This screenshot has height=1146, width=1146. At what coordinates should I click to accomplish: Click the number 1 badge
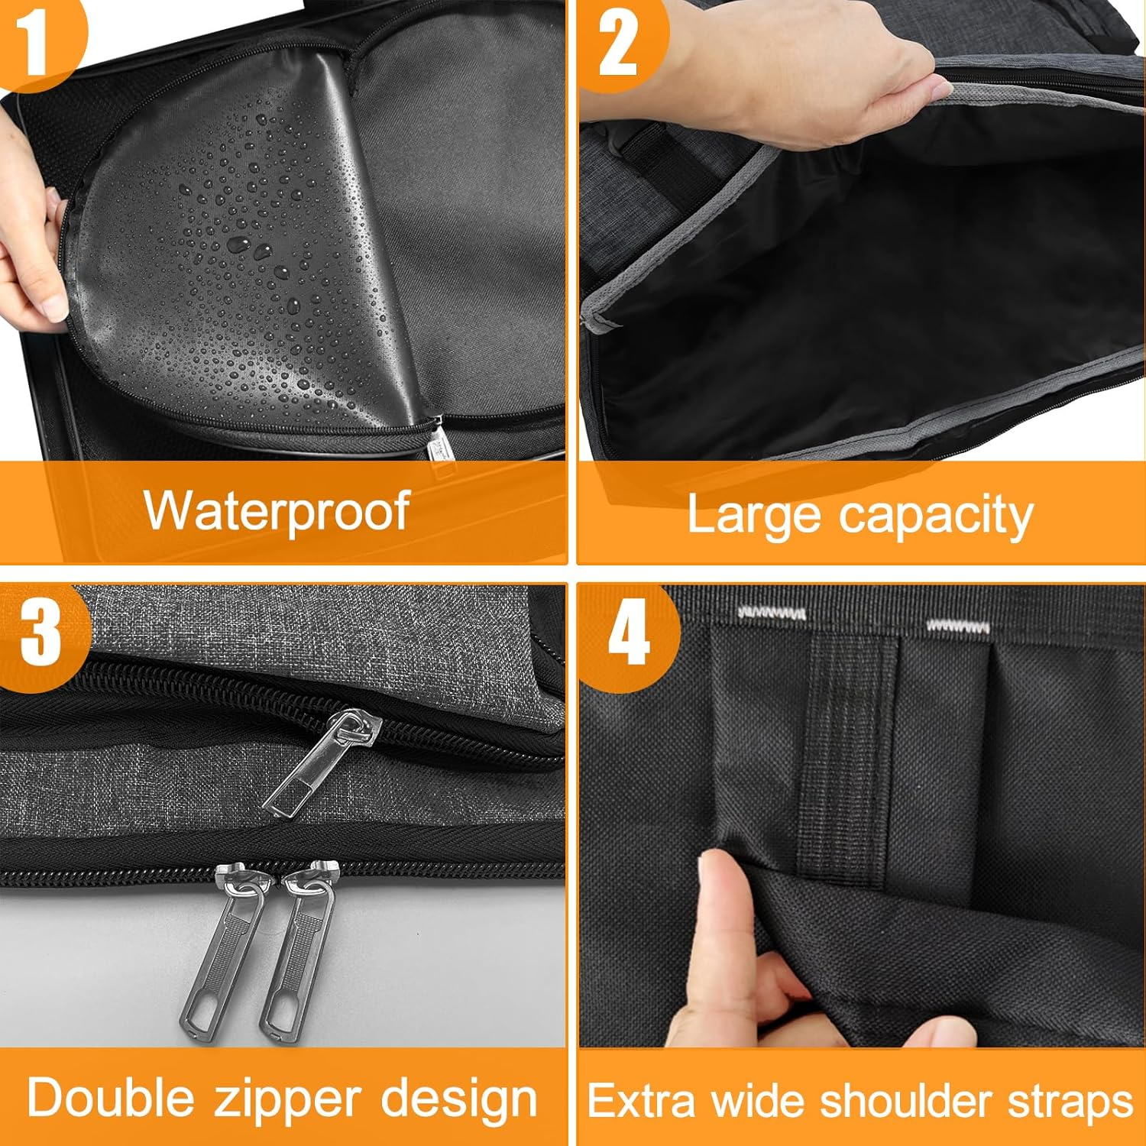pos(34,40)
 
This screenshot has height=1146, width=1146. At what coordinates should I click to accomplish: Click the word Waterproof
pos(277,511)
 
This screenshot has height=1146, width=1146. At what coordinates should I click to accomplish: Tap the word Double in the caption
pos(112,1098)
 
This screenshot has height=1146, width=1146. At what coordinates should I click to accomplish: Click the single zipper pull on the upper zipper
pos(321,764)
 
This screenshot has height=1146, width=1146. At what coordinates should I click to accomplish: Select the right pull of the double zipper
pos(298,947)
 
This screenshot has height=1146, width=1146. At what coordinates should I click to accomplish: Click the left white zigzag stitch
pos(772,613)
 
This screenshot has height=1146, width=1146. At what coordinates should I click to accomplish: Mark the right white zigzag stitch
pos(958,626)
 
